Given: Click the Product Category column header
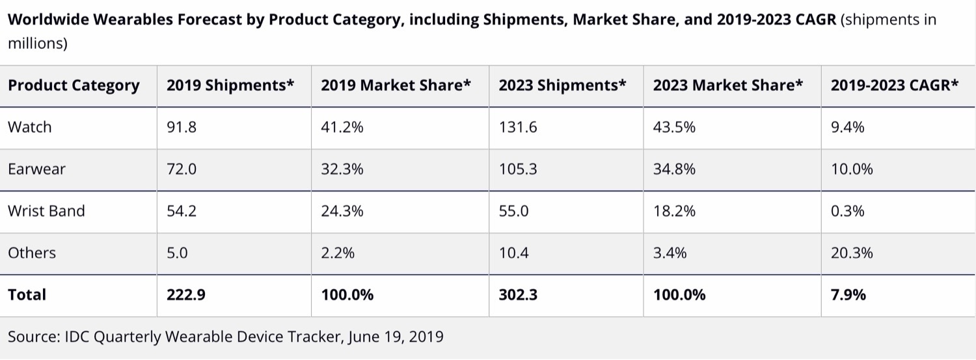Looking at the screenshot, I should click(x=74, y=86).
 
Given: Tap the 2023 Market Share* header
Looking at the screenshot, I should click(x=728, y=86).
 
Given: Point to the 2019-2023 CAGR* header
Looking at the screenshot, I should click(x=895, y=86).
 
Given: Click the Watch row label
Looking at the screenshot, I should click(x=29, y=127).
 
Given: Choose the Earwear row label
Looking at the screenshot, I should click(x=36, y=169).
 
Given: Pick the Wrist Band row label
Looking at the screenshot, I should click(x=46, y=211).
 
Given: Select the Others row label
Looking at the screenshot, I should click(x=32, y=253).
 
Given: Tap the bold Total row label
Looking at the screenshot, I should click(x=27, y=294).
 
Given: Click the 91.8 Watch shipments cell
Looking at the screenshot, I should click(x=182, y=127).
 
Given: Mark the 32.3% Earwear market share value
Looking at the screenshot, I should click(x=342, y=169).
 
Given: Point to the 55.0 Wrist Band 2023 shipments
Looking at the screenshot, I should click(x=514, y=211).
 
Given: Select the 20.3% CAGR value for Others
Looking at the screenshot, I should click(x=852, y=253).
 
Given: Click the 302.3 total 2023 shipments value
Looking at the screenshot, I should click(x=518, y=294).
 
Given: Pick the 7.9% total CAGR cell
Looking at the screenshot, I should click(x=848, y=294).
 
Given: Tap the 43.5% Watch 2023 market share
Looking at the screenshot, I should click(x=674, y=127).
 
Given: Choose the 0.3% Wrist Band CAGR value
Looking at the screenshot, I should click(x=848, y=211).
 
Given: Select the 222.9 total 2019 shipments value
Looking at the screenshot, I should click(x=186, y=294).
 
